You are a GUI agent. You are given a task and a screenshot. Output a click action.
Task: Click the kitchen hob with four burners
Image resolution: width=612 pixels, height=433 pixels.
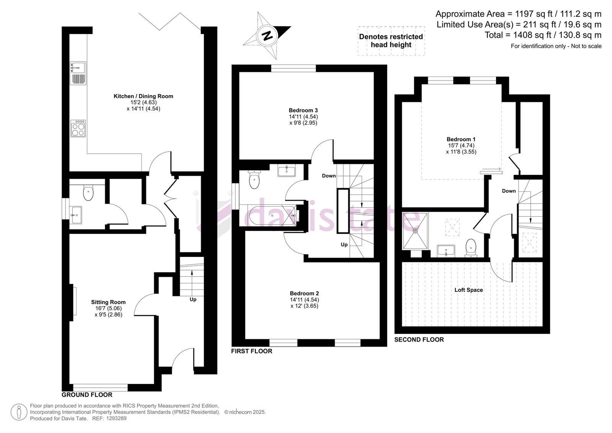click(x=78, y=128)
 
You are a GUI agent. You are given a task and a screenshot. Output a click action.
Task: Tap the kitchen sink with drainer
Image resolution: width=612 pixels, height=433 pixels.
click(x=78, y=73)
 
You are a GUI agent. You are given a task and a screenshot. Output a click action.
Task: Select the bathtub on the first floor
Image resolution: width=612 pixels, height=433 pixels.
click(x=272, y=216)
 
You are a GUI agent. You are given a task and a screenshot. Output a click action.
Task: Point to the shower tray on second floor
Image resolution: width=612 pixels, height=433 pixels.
click(x=415, y=231)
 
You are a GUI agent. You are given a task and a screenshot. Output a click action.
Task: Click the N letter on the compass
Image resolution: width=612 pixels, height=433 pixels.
click(x=267, y=36)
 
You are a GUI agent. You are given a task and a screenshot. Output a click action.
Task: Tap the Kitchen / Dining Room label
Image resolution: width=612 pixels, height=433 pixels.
click(x=143, y=96)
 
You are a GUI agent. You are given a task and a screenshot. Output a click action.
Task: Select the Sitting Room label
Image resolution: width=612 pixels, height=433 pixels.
click(x=109, y=302)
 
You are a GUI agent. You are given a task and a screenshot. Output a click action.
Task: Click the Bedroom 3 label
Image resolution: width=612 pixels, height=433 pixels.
click(x=303, y=110)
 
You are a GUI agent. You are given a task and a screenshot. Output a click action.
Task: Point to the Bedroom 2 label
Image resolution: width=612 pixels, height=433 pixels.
click(x=304, y=293)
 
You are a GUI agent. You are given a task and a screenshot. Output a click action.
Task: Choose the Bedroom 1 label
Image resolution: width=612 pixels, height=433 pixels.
click(x=461, y=139)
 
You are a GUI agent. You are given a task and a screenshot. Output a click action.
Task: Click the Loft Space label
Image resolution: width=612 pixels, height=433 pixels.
click(x=469, y=290)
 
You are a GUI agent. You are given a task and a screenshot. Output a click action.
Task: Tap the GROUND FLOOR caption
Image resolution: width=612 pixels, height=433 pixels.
click(x=87, y=395)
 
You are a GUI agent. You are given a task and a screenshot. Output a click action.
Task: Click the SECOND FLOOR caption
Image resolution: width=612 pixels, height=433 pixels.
click(x=419, y=340)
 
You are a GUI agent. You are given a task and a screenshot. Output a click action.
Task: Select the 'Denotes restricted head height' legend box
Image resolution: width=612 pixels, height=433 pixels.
click(x=391, y=41)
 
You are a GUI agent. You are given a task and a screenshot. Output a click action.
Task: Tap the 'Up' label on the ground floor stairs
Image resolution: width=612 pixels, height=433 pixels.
click(x=193, y=299)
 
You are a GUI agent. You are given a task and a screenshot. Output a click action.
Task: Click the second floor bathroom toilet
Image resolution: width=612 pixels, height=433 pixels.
click(x=471, y=248)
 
